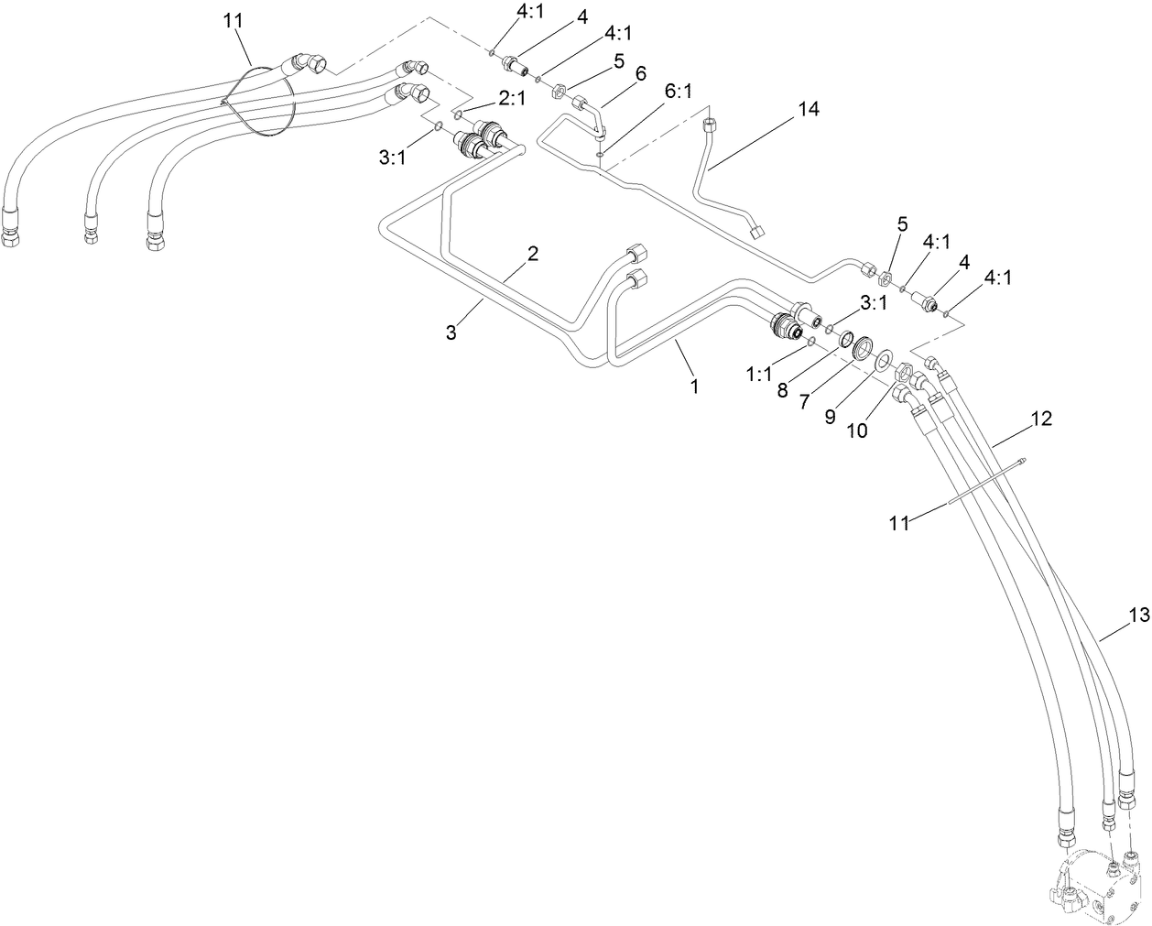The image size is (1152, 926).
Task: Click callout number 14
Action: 807,109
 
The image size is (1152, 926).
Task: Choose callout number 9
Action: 831,416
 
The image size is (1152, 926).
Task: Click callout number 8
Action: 782,387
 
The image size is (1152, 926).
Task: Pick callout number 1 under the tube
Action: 694,387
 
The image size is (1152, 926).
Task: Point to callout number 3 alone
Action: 451,333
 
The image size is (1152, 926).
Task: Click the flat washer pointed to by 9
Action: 884,360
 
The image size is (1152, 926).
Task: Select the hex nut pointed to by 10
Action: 901,371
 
